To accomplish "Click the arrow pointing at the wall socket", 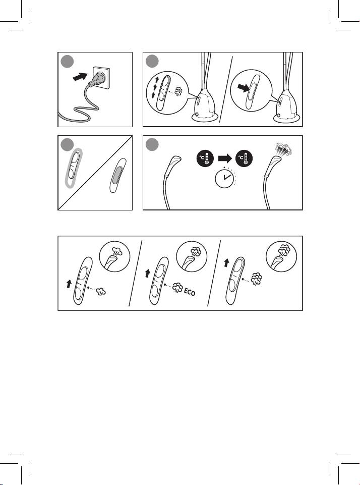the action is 80,76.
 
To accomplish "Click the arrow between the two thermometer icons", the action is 225,158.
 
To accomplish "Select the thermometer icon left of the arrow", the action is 205,158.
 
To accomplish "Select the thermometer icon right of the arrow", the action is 244,158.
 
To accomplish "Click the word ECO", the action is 190,291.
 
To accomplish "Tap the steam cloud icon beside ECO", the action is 177,288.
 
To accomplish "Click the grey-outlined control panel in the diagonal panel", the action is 74,168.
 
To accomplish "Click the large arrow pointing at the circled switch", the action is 244,88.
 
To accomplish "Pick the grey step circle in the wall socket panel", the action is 67,61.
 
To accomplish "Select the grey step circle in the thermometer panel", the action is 152,144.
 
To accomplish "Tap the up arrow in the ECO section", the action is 147,273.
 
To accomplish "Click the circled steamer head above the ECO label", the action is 192,256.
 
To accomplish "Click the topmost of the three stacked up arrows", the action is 157,80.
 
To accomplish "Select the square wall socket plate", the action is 101,78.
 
